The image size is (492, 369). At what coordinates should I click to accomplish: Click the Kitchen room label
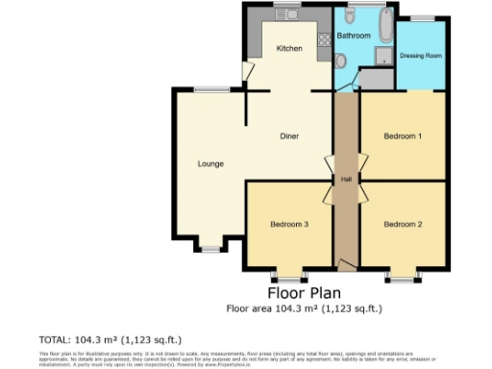tap(289, 48)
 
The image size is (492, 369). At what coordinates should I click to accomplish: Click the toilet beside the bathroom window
tap(342, 20)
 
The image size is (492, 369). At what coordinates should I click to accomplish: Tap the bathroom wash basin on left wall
tap(342, 61)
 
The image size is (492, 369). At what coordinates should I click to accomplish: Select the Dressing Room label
tap(421, 56)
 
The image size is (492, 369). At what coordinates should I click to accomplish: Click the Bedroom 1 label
tap(403, 136)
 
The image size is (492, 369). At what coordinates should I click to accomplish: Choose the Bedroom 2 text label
tap(403, 225)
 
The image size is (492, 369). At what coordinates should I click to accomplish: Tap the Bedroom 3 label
tap(288, 225)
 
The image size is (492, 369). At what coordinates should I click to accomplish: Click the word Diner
tap(288, 136)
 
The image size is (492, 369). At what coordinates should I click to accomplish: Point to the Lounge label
tap(210, 163)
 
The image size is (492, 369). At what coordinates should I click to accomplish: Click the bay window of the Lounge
tap(210, 249)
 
